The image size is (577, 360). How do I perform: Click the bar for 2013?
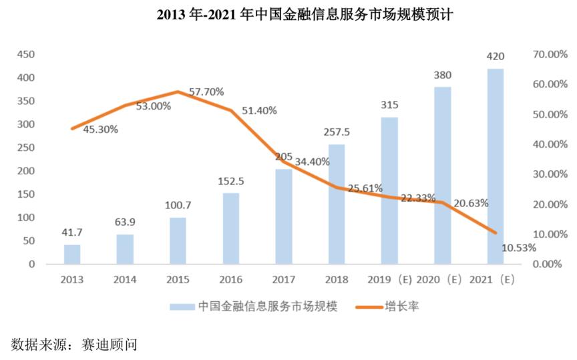pyautogui.click(x=72, y=254)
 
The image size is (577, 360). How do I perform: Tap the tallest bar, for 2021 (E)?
pyautogui.click(x=495, y=166)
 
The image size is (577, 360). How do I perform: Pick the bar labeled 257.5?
pyautogui.click(x=337, y=204)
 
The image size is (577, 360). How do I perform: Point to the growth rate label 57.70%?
pyautogui.click(x=206, y=92)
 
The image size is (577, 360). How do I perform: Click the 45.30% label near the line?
pyautogui.click(x=100, y=129)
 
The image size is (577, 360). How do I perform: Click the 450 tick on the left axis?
pyautogui.click(x=26, y=55)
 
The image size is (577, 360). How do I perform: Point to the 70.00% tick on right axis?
pyautogui.click(x=548, y=55)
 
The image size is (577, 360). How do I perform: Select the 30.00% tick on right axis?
pyautogui.click(x=548, y=174)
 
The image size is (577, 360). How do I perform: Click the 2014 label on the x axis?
pyautogui.click(x=125, y=279)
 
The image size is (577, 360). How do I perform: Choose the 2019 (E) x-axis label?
pyautogui.click(x=388, y=279)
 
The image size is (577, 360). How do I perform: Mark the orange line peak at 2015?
pyautogui.click(x=178, y=92)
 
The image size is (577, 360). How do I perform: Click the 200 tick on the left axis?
pyautogui.click(x=26, y=171)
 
